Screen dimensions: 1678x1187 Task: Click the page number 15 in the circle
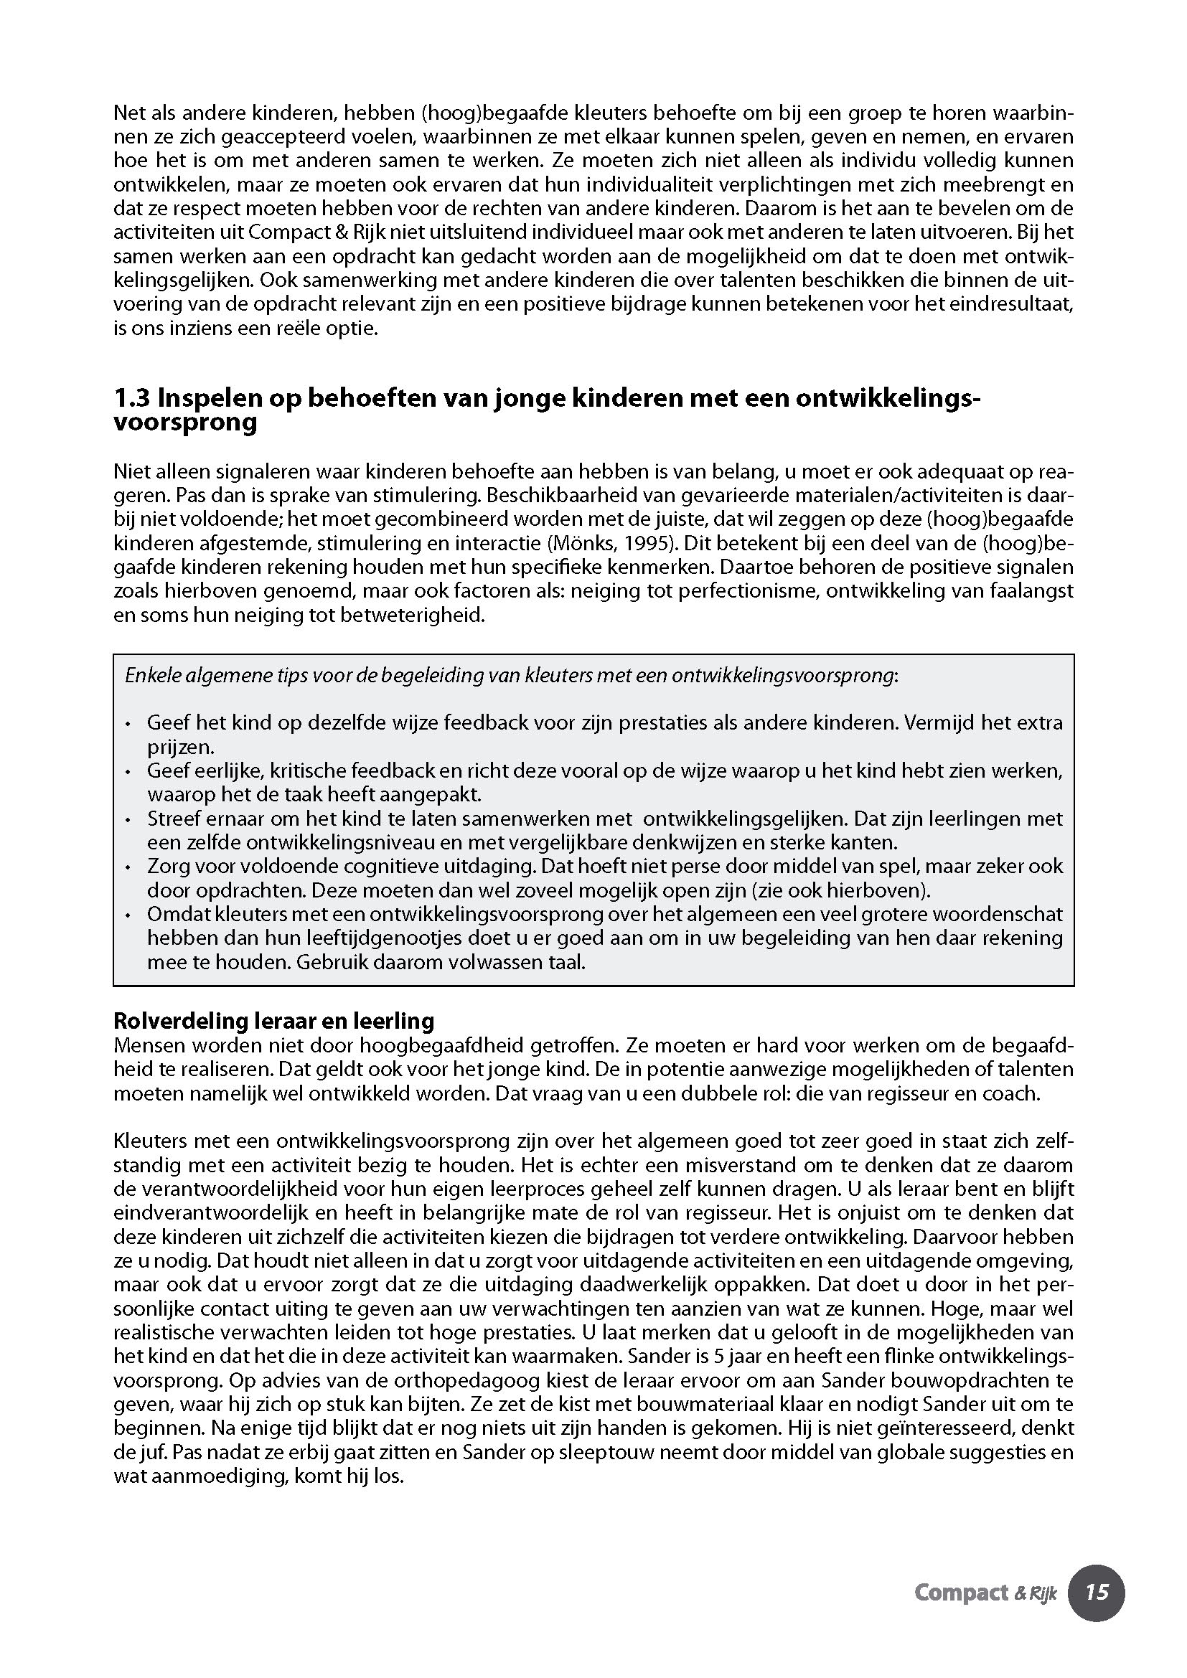tap(1097, 1593)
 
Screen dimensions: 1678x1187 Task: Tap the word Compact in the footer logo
tap(960, 1593)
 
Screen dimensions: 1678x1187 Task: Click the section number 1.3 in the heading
tap(132, 399)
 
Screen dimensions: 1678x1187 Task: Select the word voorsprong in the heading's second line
tap(185, 423)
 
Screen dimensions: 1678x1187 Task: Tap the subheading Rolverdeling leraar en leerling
tap(273, 1020)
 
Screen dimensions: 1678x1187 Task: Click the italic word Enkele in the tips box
tap(149, 675)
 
